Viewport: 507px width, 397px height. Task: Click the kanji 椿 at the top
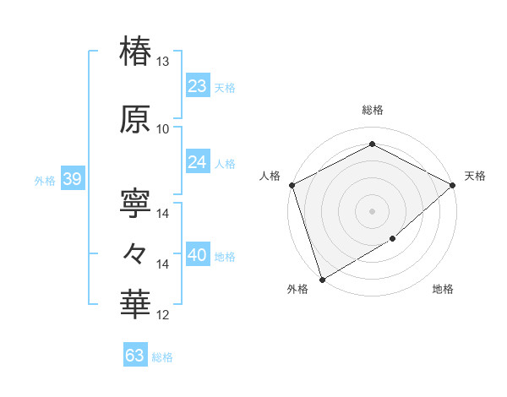click(x=136, y=50)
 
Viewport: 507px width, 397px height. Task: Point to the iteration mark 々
click(x=136, y=252)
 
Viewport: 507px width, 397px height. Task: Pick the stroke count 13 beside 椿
click(x=163, y=62)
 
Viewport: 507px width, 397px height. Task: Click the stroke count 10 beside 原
click(x=163, y=128)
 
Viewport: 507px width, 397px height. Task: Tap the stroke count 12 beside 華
click(x=163, y=315)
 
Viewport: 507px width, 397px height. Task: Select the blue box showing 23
click(x=198, y=87)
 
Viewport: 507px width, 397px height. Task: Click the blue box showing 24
click(x=198, y=162)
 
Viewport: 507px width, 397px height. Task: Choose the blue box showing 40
click(x=198, y=256)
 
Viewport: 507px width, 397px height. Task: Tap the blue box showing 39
click(x=72, y=179)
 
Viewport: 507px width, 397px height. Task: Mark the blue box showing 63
click(x=135, y=356)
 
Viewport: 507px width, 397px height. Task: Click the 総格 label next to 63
click(x=162, y=357)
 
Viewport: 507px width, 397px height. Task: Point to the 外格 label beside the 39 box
click(x=45, y=180)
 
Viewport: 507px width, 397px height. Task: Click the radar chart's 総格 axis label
click(x=372, y=110)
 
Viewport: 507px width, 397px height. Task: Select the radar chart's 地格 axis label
click(x=443, y=290)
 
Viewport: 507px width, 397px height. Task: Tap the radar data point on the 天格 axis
click(x=453, y=184)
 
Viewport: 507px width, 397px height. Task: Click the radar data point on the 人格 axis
click(x=292, y=184)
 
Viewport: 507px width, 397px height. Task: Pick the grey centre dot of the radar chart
click(x=372, y=210)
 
